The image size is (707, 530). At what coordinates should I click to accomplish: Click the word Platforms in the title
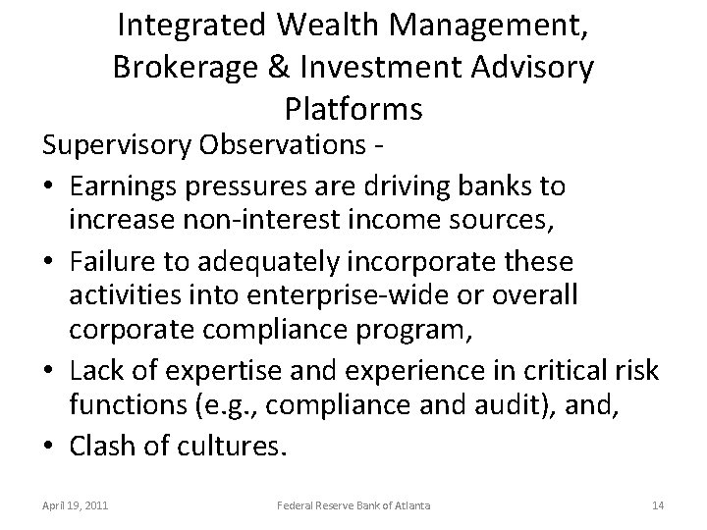click(x=353, y=108)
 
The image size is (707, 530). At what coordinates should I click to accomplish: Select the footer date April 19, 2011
click(x=76, y=505)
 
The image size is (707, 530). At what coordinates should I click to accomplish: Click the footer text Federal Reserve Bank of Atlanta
click(x=353, y=505)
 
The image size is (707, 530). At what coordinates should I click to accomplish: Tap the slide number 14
click(x=657, y=505)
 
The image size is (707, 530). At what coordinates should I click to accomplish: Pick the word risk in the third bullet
click(x=640, y=372)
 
